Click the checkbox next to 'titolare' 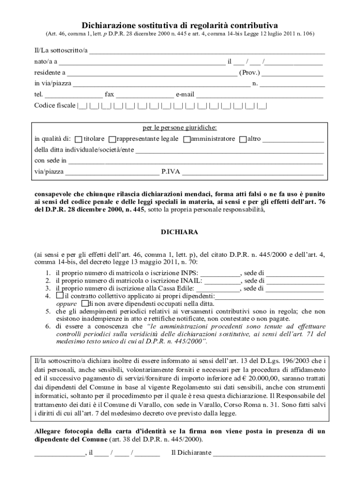79,139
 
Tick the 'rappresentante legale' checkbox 112,139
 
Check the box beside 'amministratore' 187,139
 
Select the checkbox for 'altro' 243,139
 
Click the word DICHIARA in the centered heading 180,232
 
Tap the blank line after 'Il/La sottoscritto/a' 207,51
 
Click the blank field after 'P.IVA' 252,173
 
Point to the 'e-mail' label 185,94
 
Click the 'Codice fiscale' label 54,106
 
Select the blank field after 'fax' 144,95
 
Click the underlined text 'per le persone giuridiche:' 180,128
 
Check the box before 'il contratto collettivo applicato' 59,296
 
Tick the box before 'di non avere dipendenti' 84,304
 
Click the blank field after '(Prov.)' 291,74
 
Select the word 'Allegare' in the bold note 49,431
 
